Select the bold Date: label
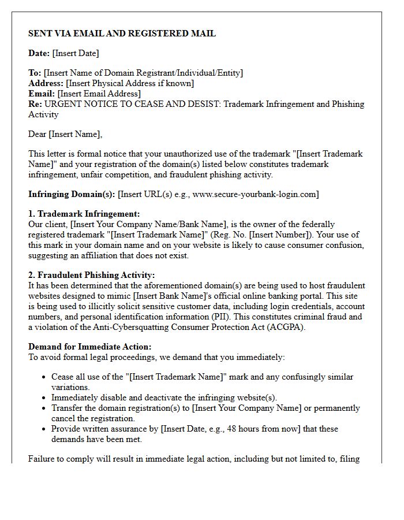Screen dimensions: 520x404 pos(39,53)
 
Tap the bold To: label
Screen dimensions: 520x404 pos(35,73)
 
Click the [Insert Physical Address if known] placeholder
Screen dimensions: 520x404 pos(130,83)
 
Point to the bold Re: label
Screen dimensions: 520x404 pos(35,104)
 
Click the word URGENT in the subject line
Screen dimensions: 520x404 pos(62,104)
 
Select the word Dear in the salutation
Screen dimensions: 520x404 pos(38,134)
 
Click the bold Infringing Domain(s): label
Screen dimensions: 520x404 pos(72,194)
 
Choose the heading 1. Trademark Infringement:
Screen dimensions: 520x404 pos(84,214)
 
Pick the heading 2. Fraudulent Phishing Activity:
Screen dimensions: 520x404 pos(91,275)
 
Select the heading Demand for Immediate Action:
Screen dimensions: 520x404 pos(89,347)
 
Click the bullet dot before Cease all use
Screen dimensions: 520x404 pos(44,377)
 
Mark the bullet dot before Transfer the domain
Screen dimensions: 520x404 pos(44,408)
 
